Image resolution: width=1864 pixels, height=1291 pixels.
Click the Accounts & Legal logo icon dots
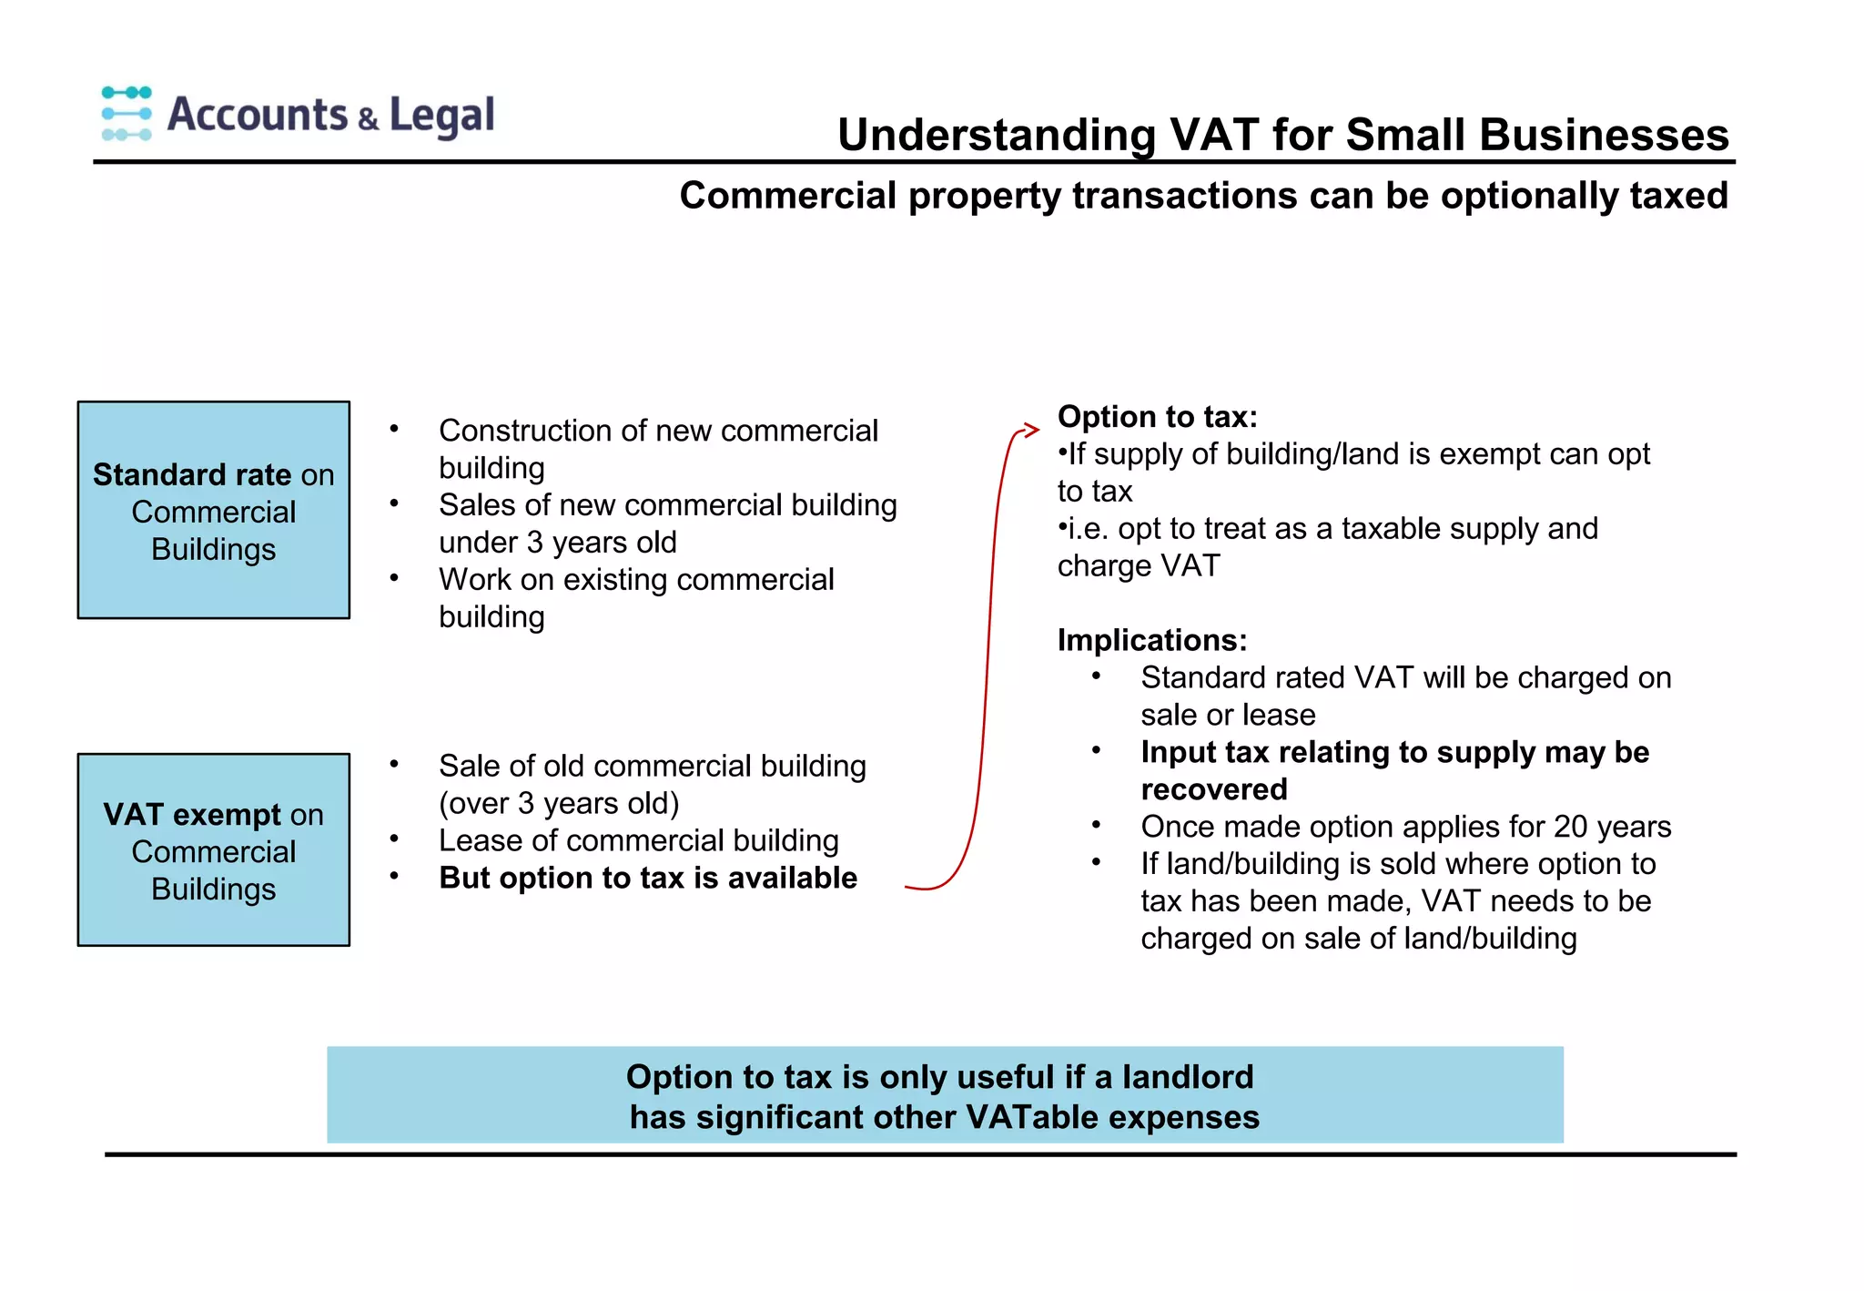tap(127, 114)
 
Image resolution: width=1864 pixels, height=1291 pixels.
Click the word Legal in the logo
tap(441, 116)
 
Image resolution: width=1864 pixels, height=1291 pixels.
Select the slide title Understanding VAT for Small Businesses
tap(1282, 135)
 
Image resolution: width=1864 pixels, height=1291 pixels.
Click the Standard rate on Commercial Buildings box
tap(214, 510)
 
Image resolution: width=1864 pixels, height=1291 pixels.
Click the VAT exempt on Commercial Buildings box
tap(214, 849)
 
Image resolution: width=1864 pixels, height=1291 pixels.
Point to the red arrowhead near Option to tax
tap(1030, 430)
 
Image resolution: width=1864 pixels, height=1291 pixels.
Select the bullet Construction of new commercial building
tap(658, 448)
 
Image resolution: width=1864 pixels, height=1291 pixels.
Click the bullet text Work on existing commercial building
tap(636, 597)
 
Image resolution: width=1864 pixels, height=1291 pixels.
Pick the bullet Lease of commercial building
tap(638, 840)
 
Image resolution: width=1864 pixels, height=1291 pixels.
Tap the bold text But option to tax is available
tap(648, 878)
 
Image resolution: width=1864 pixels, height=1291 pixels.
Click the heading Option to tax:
tap(1157, 416)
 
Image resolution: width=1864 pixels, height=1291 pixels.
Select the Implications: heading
tap(1151, 640)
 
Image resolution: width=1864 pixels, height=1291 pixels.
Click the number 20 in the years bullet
tap(1570, 827)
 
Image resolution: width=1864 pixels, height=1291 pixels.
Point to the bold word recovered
tap(1214, 789)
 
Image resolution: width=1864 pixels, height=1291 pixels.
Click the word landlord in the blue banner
tap(1187, 1077)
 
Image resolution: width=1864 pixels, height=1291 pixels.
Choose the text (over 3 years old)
tap(559, 803)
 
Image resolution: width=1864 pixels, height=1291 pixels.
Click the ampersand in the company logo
tap(368, 119)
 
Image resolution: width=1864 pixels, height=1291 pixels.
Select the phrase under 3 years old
tap(557, 543)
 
